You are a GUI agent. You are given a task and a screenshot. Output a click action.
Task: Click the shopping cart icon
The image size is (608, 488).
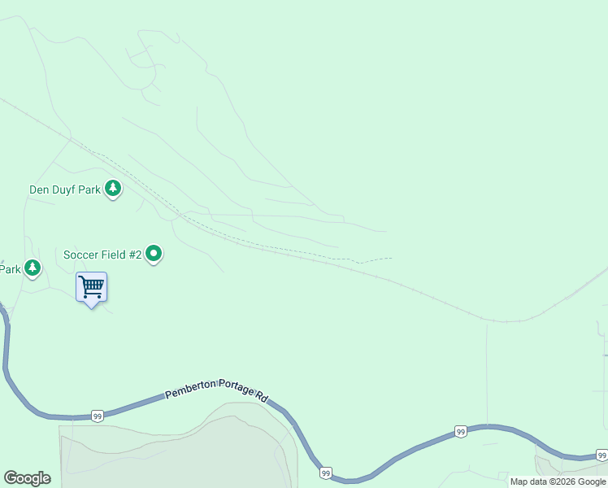point(91,286)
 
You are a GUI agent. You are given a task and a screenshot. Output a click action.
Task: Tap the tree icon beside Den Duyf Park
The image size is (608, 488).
point(113,190)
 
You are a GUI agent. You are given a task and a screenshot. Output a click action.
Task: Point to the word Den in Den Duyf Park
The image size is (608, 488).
point(39,190)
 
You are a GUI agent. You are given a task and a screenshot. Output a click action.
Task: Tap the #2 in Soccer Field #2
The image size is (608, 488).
point(135,255)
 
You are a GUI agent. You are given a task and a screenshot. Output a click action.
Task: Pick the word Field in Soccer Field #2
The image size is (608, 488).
point(114,255)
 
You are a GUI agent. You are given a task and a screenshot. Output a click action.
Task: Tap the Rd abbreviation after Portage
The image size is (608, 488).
point(262,396)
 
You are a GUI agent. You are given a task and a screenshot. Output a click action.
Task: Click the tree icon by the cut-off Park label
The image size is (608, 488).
point(32,268)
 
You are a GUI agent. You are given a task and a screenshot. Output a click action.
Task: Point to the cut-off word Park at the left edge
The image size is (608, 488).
point(10,269)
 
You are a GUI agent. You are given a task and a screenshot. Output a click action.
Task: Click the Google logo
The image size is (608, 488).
point(27,478)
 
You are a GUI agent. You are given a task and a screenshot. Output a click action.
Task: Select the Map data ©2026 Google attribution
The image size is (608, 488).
point(558,481)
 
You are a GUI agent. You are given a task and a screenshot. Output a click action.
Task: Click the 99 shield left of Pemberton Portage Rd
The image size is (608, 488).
point(97,415)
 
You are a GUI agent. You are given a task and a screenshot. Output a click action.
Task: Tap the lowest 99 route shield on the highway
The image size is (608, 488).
point(325,473)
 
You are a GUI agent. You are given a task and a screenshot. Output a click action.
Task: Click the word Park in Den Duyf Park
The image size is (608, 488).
point(90,190)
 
